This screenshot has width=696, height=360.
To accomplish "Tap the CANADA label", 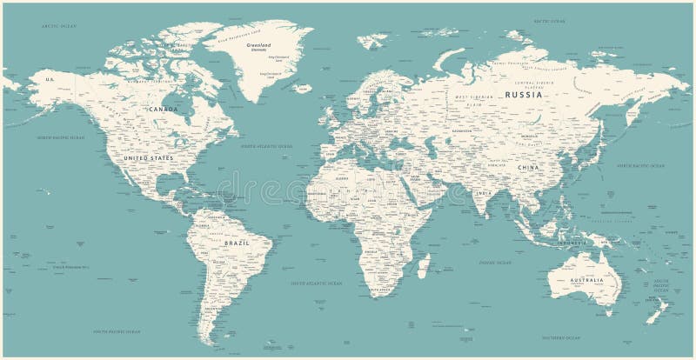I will pos(163,110).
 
